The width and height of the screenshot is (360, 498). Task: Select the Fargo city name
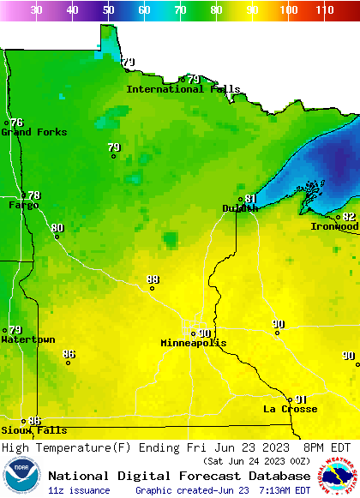(23, 205)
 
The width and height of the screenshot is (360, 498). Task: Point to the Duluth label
(240, 208)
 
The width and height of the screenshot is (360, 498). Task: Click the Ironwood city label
(334, 226)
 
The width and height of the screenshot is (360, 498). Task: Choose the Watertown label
(28, 339)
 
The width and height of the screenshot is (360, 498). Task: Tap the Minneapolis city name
(194, 343)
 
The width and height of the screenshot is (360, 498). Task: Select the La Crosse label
(290, 409)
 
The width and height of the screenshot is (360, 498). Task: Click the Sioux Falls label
(33, 430)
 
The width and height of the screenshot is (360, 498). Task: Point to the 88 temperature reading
(153, 279)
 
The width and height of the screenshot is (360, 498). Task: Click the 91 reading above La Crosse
(300, 399)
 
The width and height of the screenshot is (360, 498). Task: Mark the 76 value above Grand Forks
(16, 123)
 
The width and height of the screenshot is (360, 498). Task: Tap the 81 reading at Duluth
(250, 199)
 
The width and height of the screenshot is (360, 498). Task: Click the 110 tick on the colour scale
(324, 10)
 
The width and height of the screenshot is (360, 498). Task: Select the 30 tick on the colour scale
(36, 10)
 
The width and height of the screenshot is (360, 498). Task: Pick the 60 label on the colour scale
(144, 10)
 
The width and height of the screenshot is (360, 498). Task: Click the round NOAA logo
(21, 476)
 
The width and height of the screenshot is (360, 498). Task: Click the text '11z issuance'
(79, 490)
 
